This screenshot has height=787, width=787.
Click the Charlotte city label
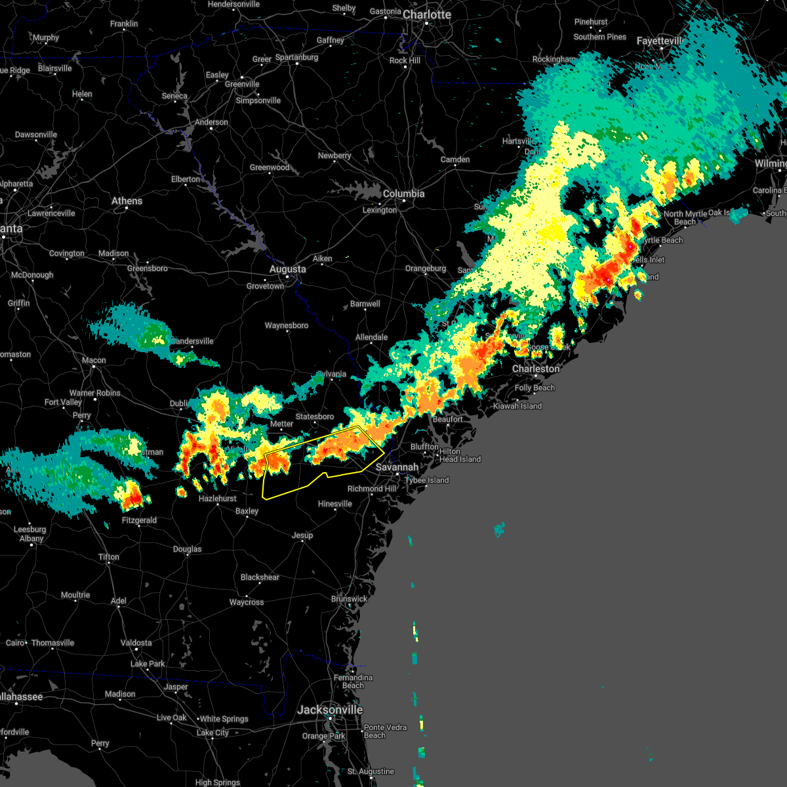[427, 14]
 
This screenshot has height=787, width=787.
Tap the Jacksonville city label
[330, 710]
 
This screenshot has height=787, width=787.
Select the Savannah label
[397, 467]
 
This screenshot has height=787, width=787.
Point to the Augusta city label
[288, 269]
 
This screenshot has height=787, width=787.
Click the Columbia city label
[403, 193]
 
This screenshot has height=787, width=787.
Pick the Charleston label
[536, 369]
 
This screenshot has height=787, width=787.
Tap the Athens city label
[127, 201]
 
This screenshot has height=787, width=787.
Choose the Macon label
[94, 360]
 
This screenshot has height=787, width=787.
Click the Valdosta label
[136, 643]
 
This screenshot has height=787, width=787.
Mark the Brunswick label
[349, 599]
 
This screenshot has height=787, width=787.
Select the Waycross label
[247, 602]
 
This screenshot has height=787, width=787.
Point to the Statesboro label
[315, 416]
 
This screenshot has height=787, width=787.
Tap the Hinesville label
[335, 504]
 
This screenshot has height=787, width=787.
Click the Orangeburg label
[426, 268]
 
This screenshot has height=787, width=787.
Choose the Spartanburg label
[296, 57]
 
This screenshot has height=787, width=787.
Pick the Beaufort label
[448, 419]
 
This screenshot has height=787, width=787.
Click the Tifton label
[109, 557]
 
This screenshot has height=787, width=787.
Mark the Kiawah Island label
[517, 406]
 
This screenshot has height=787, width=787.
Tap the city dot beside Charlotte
[426, 24]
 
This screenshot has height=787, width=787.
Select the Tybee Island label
[427, 480]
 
